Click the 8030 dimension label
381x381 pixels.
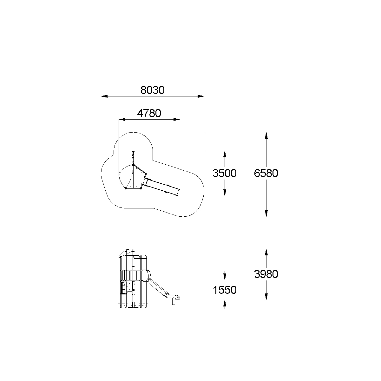click(x=153, y=90)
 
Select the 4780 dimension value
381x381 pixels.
click(x=149, y=113)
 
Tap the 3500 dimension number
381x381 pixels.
click(x=224, y=173)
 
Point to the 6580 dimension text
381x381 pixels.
click(x=266, y=173)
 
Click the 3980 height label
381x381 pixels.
click(x=266, y=274)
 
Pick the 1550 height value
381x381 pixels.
click(x=225, y=290)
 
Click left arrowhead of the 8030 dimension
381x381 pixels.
click(x=104, y=96)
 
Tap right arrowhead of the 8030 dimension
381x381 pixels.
click(x=201, y=96)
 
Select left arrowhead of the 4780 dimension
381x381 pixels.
click(x=122, y=119)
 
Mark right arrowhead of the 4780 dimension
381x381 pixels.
click(x=177, y=119)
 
